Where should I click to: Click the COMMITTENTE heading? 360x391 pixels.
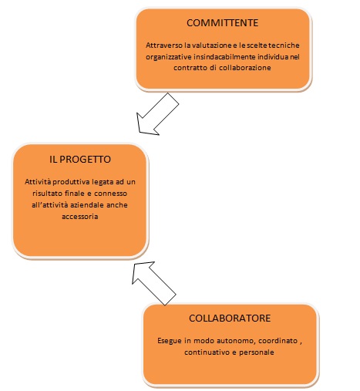coord(222,23)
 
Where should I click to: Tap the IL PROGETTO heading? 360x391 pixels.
coord(80,160)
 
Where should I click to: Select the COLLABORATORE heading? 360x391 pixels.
coord(230,319)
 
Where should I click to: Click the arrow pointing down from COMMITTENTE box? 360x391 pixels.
coord(157,114)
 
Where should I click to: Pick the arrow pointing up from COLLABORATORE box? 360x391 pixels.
coord(153,283)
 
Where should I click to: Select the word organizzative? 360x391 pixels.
coord(169,57)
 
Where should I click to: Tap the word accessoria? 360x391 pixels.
coord(80,217)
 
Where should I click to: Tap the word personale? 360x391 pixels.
coord(257,352)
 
